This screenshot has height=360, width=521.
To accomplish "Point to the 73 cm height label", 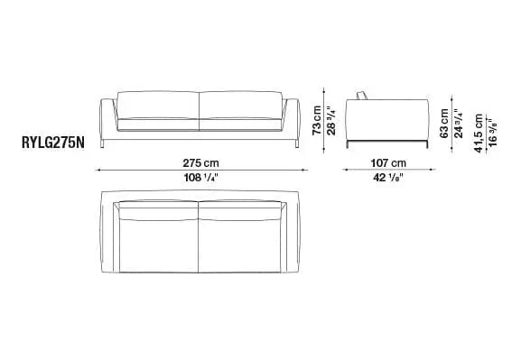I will [318, 116].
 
